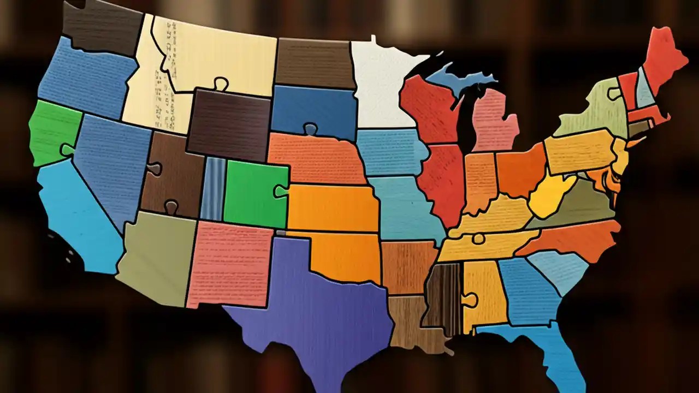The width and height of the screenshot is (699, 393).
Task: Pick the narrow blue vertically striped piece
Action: tap(213, 188)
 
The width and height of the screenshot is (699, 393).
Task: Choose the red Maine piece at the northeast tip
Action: tap(664, 55)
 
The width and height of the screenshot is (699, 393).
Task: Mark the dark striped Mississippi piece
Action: tap(443, 292)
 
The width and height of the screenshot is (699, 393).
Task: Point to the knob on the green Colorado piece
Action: tap(282, 190)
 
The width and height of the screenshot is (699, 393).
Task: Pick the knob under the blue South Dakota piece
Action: tap(311, 129)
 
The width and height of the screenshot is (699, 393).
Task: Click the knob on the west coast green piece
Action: tap(68, 149)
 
